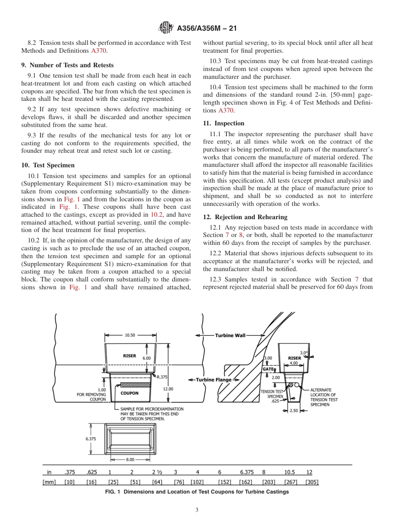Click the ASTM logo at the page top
point(166,28)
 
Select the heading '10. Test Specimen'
point(48,165)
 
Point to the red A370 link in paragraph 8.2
point(99,51)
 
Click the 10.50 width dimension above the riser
point(130,335)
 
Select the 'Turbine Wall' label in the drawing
point(230,335)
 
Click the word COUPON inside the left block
point(129,393)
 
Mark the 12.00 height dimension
point(168,389)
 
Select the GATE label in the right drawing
point(268,369)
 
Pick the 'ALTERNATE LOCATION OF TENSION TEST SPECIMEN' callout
point(324,397)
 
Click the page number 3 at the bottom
point(197,510)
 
